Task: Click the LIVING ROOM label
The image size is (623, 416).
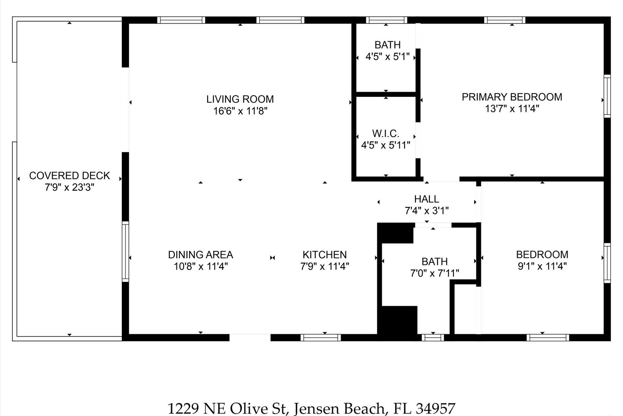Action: click(x=240, y=99)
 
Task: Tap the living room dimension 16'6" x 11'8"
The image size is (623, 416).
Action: click(x=241, y=111)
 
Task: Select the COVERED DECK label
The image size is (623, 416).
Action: click(x=70, y=175)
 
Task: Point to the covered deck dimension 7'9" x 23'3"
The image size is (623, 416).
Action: click(x=70, y=187)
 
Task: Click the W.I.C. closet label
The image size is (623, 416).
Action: click(x=386, y=133)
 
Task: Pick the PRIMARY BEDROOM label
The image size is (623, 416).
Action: click(x=512, y=97)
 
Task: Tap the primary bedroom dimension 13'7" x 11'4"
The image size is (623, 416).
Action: click(x=512, y=109)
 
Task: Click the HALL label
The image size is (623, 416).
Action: click(x=427, y=199)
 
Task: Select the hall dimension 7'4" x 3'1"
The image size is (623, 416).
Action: click(x=427, y=210)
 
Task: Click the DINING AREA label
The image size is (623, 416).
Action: click(x=200, y=255)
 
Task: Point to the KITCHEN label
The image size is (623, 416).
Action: click(x=325, y=255)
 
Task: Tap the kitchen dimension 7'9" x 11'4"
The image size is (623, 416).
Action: click(x=325, y=266)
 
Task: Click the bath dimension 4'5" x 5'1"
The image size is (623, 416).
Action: click(x=388, y=57)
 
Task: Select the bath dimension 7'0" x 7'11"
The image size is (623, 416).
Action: click(x=435, y=273)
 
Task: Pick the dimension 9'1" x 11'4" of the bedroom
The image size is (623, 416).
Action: click(x=542, y=266)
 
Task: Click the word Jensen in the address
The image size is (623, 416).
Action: click(x=314, y=408)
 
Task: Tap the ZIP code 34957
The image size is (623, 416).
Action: click(x=436, y=408)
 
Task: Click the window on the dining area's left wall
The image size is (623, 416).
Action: click(x=125, y=252)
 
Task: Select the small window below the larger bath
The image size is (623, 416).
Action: click(x=433, y=337)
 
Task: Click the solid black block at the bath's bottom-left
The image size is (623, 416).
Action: click(x=398, y=321)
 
